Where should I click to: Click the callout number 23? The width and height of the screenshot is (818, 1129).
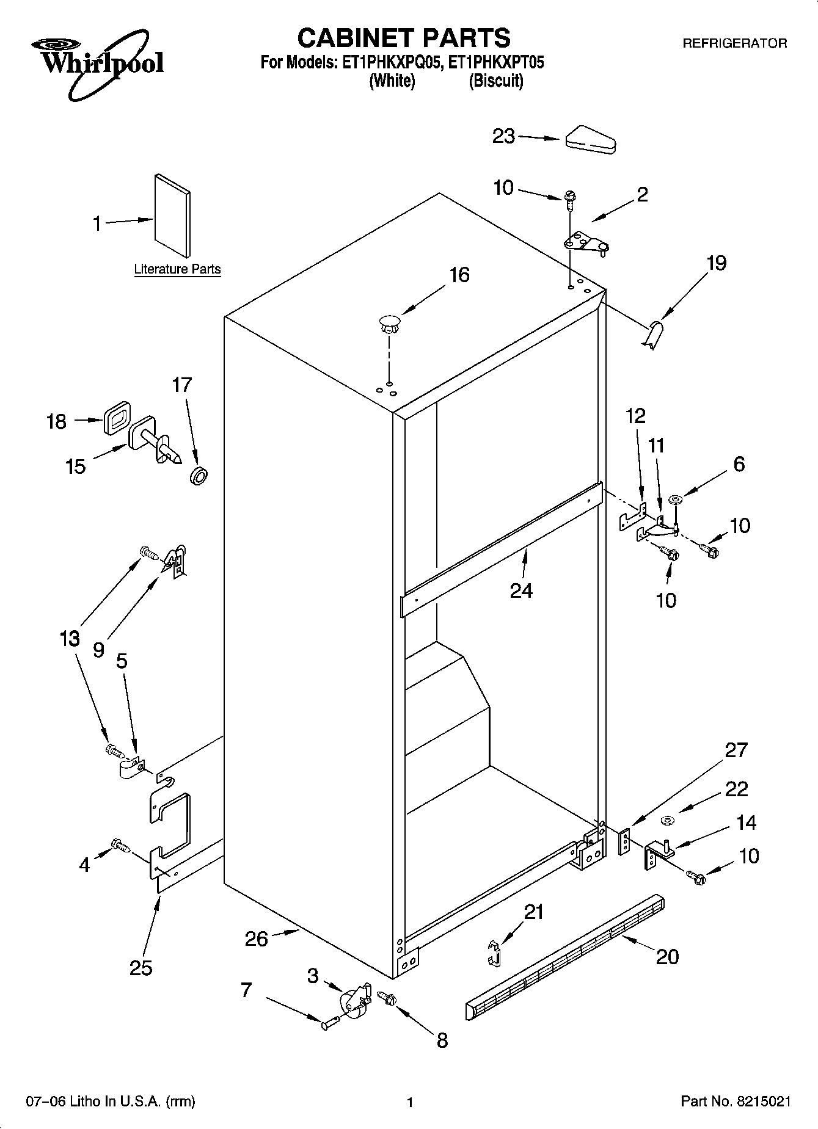point(504,136)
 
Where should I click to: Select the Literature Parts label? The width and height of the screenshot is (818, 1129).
point(177,269)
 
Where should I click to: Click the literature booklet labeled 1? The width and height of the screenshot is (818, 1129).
point(172,215)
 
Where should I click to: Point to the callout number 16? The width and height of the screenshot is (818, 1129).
point(459,275)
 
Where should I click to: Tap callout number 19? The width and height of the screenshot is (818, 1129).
point(717,263)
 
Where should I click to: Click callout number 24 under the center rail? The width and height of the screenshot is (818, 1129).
point(521,590)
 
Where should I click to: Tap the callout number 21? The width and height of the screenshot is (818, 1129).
point(533,912)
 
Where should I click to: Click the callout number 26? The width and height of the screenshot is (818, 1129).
point(257,938)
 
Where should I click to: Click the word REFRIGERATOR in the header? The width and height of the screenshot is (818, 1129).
point(734,44)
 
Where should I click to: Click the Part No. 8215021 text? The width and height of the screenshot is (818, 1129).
point(736,1102)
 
